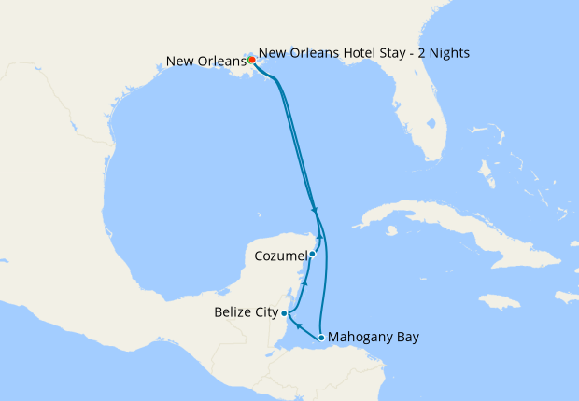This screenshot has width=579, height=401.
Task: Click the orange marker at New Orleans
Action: point(252,60)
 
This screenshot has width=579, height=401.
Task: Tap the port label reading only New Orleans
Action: point(205,62)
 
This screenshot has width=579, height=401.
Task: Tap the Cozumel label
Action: point(280,254)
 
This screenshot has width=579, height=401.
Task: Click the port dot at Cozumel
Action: point(312,253)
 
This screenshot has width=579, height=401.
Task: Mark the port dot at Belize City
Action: point(284,313)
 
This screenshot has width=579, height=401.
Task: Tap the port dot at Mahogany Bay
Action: point(321,338)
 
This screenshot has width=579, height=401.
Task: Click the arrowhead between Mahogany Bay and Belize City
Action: point(297,326)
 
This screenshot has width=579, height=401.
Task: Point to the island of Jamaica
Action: point(499,301)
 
